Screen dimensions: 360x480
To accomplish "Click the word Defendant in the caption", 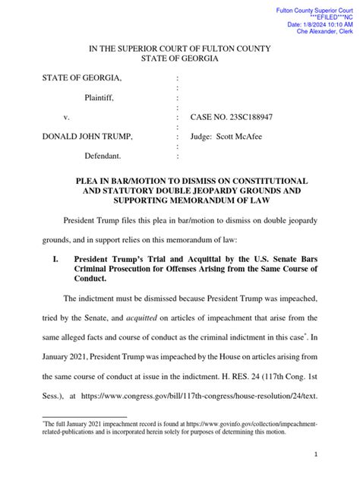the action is click(106, 156).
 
